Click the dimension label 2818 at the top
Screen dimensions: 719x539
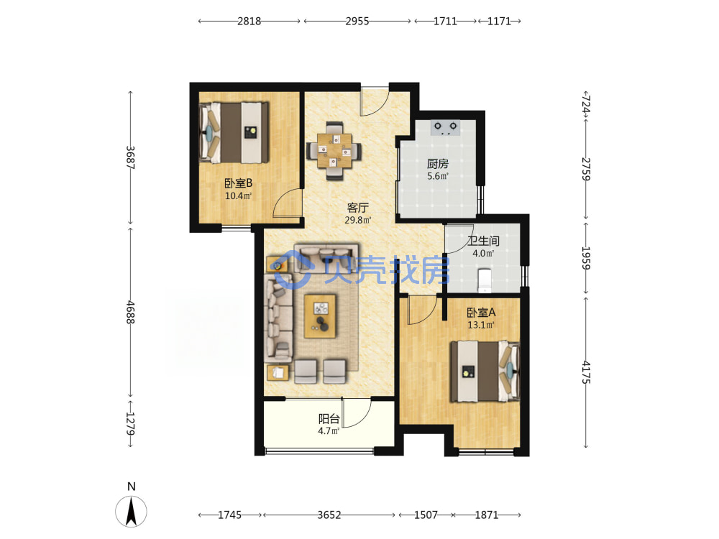click(249, 21)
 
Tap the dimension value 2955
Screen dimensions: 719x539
click(357, 21)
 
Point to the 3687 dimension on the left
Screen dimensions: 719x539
click(131, 157)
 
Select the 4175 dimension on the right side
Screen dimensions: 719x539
click(586, 372)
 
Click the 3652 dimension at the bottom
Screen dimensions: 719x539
click(329, 515)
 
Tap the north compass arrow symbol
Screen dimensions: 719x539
click(131, 511)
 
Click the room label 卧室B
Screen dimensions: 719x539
click(239, 183)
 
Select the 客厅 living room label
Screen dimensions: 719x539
click(357, 208)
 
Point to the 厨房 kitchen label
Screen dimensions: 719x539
click(437, 164)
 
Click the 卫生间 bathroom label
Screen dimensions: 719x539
click(483, 241)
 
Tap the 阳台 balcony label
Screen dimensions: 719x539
click(329, 418)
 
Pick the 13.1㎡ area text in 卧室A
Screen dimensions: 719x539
click(481, 326)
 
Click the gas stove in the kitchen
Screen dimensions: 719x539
click(445, 127)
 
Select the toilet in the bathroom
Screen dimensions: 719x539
click(484, 280)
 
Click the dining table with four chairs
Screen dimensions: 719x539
click(334, 151)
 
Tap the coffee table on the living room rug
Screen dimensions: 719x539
click(320, 316)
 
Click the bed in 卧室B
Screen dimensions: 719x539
click(234, 132)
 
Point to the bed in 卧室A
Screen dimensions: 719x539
click(485, 372)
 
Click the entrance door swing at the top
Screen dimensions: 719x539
click(375, 101)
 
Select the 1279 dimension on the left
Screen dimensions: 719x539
click(131, 423)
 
